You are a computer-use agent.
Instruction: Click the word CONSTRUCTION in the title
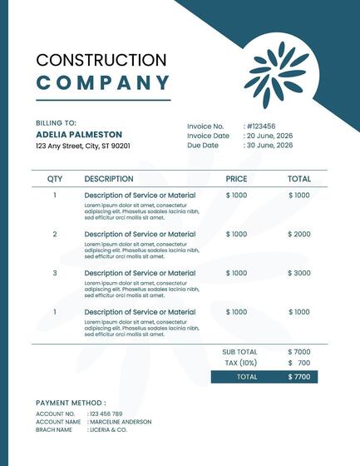(x=101, y=60)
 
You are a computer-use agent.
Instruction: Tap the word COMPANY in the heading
(x=103, y=82)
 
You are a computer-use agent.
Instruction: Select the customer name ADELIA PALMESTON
(x=79, y=134)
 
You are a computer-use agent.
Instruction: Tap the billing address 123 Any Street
(x=83, y=146)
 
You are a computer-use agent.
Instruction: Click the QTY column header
(x=55, y=179)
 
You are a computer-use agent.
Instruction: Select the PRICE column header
(x=236, y=179)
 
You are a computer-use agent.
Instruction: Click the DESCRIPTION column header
(x=109, y=179)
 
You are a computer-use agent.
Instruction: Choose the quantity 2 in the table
(x=55, y=234)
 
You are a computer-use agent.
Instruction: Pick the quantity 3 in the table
(x=55, y=273)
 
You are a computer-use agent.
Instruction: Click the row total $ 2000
(x=299, y=234)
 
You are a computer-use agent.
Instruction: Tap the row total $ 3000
(x=299, y=273)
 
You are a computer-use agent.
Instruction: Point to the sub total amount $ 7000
(x=299, y=352)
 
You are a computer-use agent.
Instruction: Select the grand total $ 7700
(x=299, y=377)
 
